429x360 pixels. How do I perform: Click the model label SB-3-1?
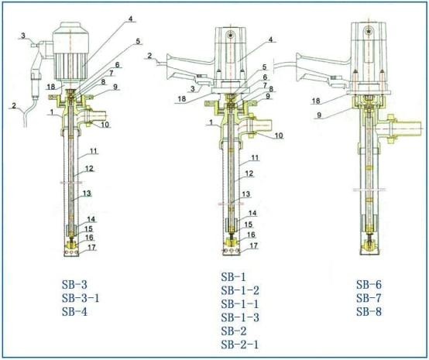click(x=81, y=298)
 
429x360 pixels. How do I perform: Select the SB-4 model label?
click(x=74, y=311)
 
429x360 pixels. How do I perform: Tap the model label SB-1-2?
click(x=240, y=290)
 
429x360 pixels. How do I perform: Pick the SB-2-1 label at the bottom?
click(x=240, y=345)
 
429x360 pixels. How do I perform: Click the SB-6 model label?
click(x=369, y=285)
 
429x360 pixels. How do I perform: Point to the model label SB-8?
click(x=369, y=311)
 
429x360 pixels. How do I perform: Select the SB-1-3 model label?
click(x=240, y=317)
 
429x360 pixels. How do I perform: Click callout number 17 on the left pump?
click(x=91, y=247)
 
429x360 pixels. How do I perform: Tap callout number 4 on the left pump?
click(x=131, y=19)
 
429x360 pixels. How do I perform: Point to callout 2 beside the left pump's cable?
click(x=14, y=105)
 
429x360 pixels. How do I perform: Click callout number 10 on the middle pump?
click(x=279, y=135)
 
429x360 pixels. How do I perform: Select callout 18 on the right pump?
click(x=316, y=101)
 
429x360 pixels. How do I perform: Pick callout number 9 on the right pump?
click(x=319, y=115)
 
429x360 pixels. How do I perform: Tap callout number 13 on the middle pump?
click(x=246, y=194)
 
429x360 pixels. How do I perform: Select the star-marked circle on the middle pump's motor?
click(x=232, y=35)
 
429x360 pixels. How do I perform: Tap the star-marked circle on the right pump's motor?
click(x=369, y=31)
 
